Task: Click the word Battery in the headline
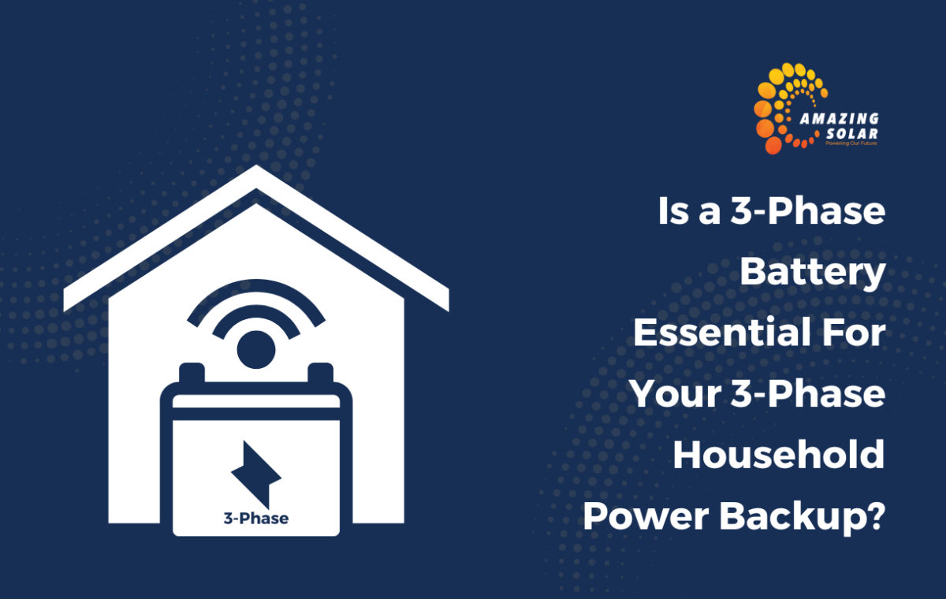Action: [813, 272]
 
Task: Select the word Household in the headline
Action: [779, 455]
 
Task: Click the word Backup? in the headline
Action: [802, 518]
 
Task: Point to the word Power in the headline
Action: [646, 516]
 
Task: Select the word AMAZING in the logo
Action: [840, 119]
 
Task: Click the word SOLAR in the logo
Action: [852, 134]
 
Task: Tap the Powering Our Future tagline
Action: [851, 143]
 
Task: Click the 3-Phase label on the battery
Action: [256, 519]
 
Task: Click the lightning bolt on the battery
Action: [256, 474]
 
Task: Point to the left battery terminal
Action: [192, 373]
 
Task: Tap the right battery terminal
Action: [321, 373]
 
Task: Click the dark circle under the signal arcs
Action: [256, 349]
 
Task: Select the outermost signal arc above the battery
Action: [256, 285]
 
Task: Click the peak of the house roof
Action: [256, 166]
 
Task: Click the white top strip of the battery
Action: [256, 401]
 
